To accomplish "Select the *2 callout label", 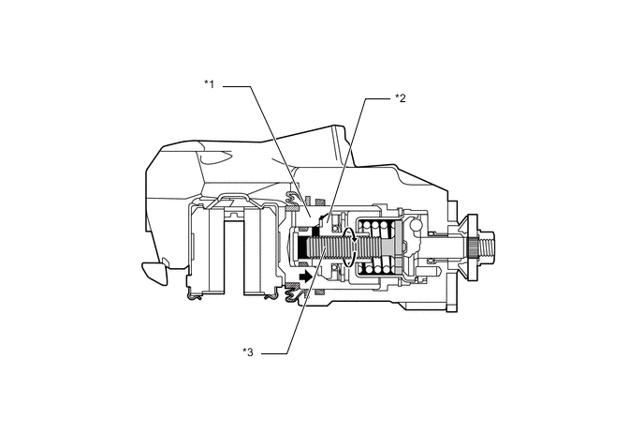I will click(x=400, y=97).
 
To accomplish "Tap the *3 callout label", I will click(x=248, y=352).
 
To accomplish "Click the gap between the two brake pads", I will click(x=235, y=248).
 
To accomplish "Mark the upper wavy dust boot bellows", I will click(x=295, y=197).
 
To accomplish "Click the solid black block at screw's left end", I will click(x=303, y=249).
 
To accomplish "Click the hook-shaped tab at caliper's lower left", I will click(x=153, y=273).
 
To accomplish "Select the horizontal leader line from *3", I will click(x=271, y=353).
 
